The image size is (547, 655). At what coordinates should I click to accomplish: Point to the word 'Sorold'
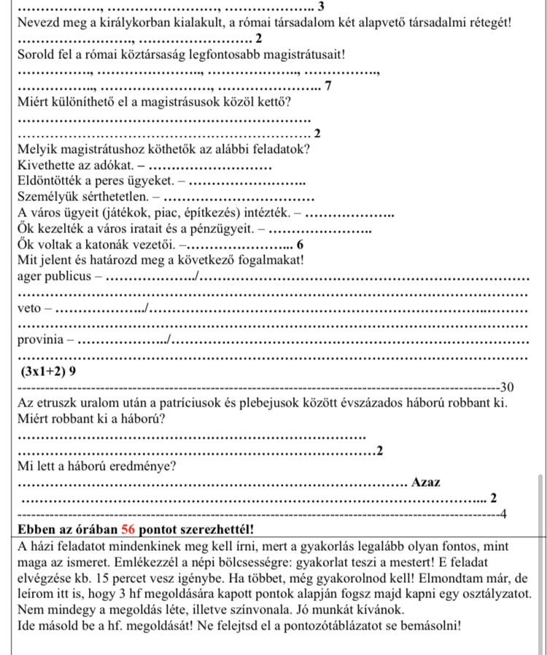(x=36, y=55)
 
